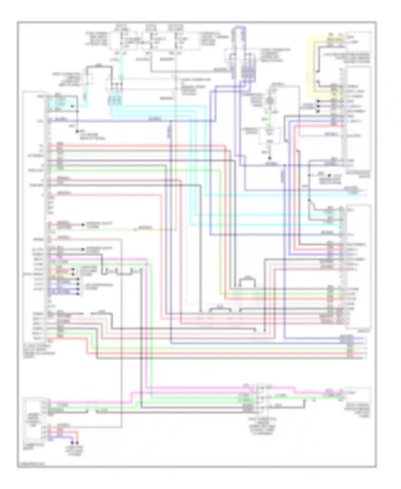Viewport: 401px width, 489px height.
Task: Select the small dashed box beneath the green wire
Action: [270, 135]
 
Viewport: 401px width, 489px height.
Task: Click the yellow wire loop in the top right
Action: [310, 67]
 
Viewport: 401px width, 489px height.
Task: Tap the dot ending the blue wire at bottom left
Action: [72, 443]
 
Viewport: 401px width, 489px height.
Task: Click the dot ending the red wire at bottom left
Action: [77, 443]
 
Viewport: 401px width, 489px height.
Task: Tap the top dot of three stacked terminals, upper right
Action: [318, 101]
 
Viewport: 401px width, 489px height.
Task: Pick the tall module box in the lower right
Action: [358, 266]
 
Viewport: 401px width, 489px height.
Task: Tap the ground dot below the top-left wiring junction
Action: [77, 131]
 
